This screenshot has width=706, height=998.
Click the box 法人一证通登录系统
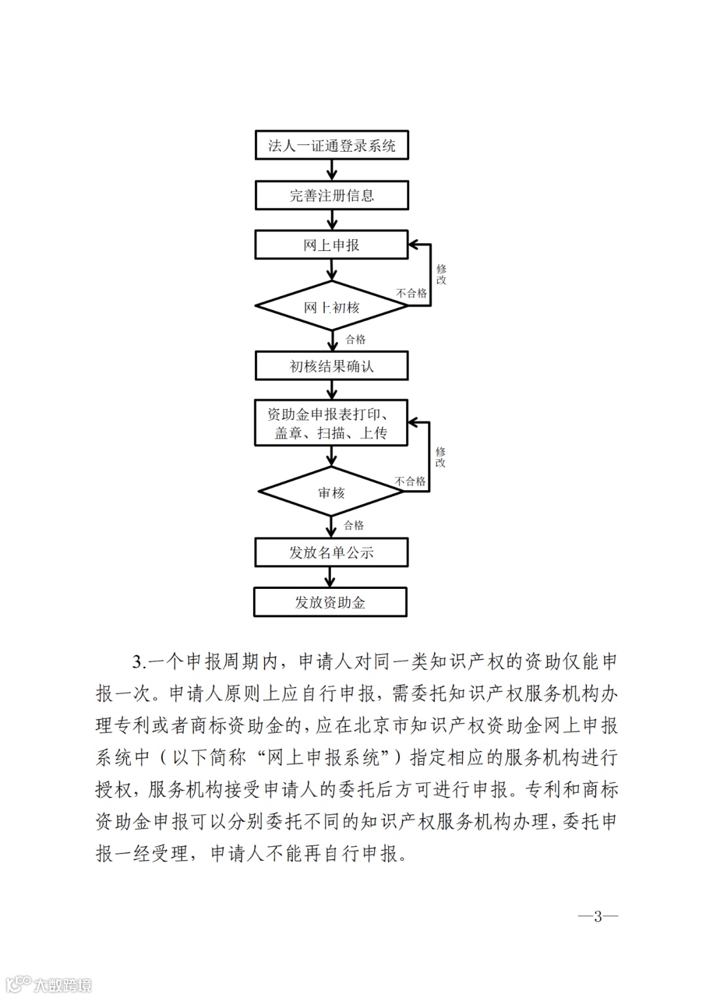[331, 145]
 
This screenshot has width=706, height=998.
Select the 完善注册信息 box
[331, 195]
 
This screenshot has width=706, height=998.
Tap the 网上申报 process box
[331, 245]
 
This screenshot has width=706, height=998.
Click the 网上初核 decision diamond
[331, 307]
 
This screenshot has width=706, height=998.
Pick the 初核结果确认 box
[331, 366]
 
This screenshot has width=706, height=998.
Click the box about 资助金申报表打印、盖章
[331, 423]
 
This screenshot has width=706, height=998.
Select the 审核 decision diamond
[331, 492]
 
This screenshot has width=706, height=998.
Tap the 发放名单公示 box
[331, 552]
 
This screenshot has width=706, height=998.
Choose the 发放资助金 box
[330, 602]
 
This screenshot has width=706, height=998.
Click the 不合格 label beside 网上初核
[411, 293]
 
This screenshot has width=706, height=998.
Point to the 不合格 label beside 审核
[410, 481]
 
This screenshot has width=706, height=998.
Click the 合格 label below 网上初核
[356, 339]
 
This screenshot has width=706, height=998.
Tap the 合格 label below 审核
[354, 525]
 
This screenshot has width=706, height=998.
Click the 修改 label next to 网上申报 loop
[441, 274]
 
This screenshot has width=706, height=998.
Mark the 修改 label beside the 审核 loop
[441, 457]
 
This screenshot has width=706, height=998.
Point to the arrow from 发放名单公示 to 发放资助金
[331, 577]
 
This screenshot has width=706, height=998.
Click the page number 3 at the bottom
[597, 916]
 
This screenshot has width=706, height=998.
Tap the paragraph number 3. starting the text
[138, 662]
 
